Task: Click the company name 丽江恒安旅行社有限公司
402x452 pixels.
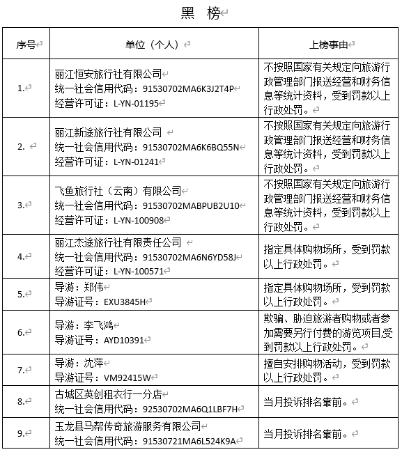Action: click(x=108, y=74)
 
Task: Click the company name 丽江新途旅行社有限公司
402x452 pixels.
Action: click(x=108, y=132)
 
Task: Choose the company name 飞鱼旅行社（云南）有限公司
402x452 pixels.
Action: click(x=118, y=191)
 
